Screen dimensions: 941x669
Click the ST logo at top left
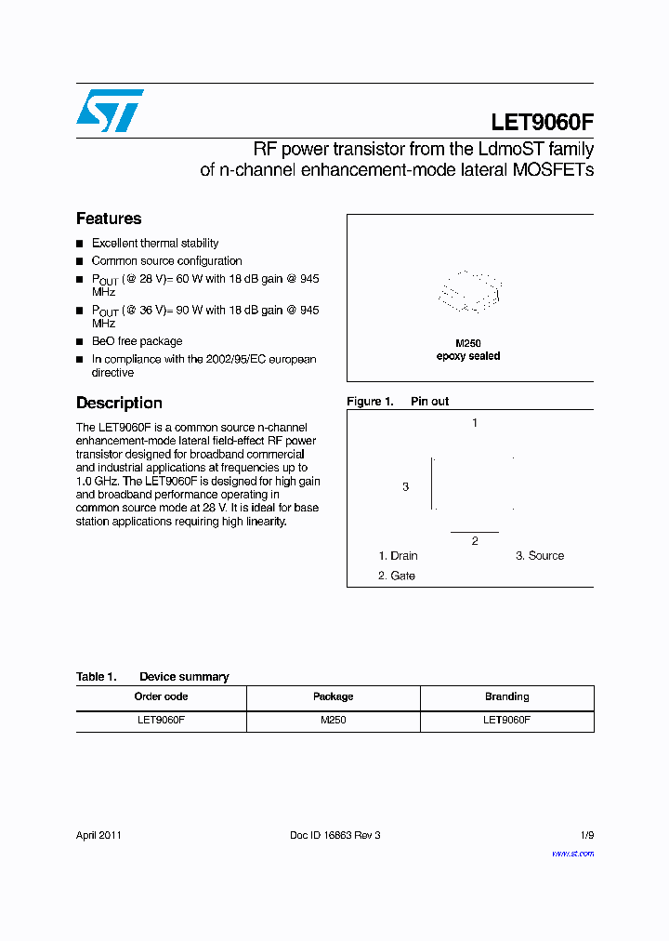click(x=110, y=111)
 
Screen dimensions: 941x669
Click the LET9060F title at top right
click(x=542, y=123)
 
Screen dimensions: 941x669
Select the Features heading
click(x=109, y=219)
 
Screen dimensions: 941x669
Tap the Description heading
click(x=119, y=403)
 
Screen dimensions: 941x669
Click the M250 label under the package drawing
click(x=468, y=343)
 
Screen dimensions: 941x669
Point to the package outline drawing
click(x=469, y=291)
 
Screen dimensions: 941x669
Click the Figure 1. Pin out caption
click(x=398, y=401)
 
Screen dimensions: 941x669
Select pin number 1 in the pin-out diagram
click(x=475, y=423)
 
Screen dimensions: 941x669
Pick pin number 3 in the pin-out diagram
click(x=405, y=486)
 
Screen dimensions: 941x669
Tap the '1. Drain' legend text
click(x=398, y=556)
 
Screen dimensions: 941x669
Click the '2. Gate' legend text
click(x=397, y=576)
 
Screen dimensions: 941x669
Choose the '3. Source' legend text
click(x=540, y=556)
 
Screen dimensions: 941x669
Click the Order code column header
click(x=161, y=696)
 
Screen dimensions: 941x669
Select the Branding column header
click(x=506, y=696)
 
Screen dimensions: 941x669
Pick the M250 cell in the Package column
click(x=333, y=720)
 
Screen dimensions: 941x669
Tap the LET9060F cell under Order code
click(x=161, y=720)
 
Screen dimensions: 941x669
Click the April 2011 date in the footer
click(x=98, y=835)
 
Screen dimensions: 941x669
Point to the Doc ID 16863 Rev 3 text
click(x=335, y=835)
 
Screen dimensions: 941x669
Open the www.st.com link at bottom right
click(x=572, y=853)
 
